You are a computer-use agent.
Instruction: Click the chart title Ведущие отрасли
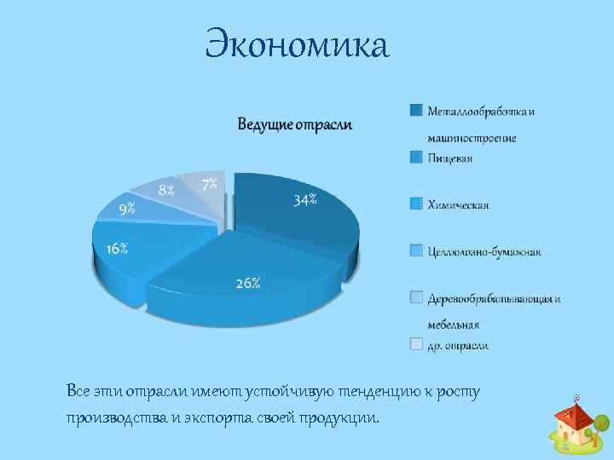coord(294,125)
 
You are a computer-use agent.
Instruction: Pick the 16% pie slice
coord(128,251)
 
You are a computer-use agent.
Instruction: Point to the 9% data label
coord(126,208)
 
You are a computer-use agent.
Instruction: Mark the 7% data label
coord(209,183)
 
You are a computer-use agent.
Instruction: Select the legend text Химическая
coord(458,204)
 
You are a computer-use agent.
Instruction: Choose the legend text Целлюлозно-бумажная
coord(484,251)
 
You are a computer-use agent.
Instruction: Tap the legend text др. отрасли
coord(458,345)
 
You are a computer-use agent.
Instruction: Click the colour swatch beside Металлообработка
coord(415,110)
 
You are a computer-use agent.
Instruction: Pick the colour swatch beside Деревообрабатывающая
coord(415,296)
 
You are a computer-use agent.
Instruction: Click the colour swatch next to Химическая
coord(415,204)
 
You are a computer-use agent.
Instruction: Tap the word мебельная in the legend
coord(453,325)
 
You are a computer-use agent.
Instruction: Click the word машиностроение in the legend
coord(472,137)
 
